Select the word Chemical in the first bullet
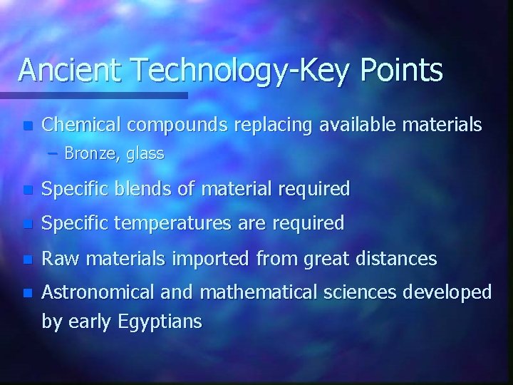point(76,125)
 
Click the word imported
point(207,257)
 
